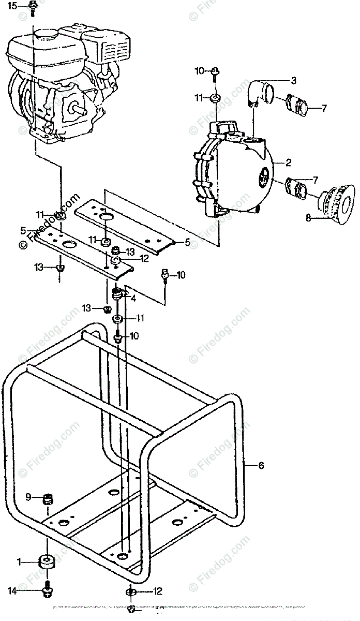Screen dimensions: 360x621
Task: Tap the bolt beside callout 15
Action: pyautogui.click(x=32, y=7)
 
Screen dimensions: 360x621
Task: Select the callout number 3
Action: pyautogui.click(x=293, y=80)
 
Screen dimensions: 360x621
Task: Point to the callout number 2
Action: pyautogui.click(x=288, y=162)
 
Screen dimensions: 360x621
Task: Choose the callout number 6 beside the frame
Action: pyautogui.click(x=261, y=466)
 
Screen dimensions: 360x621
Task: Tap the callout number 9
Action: pyautogui.click(x=28, y=498)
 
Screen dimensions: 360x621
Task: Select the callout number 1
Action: pyautogui.click(x=19, y=561)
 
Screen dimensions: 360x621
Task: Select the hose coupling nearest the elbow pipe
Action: pyautogui.click(x=296, y=103)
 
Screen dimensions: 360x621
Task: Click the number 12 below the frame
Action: pyautogui.click(x=158, y=590)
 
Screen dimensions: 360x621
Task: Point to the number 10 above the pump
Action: pyautogui.click(x=200, y=71)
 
